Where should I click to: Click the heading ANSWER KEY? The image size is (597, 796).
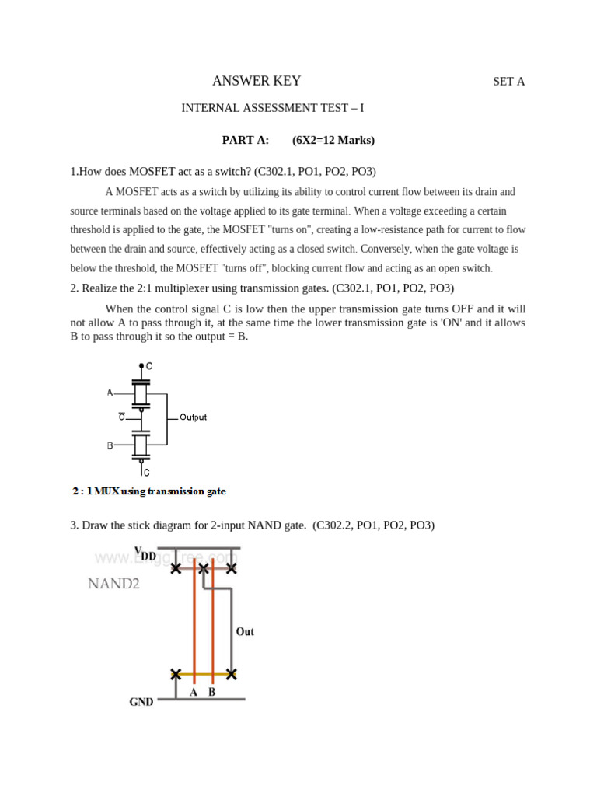point(257,81)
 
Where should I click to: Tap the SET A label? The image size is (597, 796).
point(509,82)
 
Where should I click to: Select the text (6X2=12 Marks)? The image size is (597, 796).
point(333,140)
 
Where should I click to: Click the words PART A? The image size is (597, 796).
point(246,140)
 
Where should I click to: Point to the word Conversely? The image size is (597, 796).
point(389,250)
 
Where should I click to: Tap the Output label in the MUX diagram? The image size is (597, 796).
point(193,417)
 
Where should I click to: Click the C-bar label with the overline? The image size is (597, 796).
point(121,417)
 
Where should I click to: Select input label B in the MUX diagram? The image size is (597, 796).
point(110,446)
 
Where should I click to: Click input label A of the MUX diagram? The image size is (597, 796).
point(110,393)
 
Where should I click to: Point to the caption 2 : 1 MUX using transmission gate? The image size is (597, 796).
point(148,491)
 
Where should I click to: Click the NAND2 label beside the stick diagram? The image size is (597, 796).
point(113,583)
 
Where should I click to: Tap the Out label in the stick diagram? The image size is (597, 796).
point(245,632)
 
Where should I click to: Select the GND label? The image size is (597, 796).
point(141,702)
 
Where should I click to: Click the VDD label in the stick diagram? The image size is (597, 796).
point(145,553)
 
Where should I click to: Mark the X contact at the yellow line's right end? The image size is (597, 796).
point(231,674)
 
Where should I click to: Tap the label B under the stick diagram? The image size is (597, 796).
point(211,691)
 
